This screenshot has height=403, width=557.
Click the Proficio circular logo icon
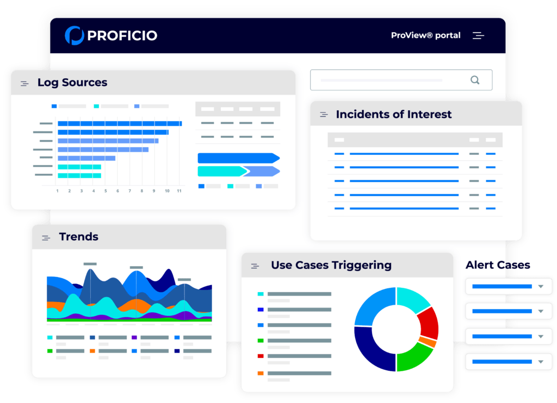[x=74, y=36]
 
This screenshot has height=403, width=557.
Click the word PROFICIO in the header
[x=122, y=36]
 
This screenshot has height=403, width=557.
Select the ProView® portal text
[x=425, y=35]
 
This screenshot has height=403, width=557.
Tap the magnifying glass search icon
[x=475, y=80]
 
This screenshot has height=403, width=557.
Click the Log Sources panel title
[x=72, y=83]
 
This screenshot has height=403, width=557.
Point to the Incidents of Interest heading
[x=394, y=115]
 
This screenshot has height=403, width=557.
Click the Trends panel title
[x=79, y=237]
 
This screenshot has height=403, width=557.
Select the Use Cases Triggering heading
[x=331, y=265]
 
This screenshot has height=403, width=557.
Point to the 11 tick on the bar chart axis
[x=179, y=191]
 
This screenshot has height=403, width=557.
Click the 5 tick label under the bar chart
[x=106, y=191]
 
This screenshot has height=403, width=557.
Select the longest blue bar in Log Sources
[x=120, y=123]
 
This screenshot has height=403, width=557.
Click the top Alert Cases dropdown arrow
[x=540, y=286]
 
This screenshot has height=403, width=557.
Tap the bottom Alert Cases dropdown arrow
[x=540, y=361]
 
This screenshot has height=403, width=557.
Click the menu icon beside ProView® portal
[x=478, y=36]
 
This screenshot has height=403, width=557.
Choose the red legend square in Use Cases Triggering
[x=261, y=356]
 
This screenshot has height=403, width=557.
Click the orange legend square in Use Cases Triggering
[x=261, y=373]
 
